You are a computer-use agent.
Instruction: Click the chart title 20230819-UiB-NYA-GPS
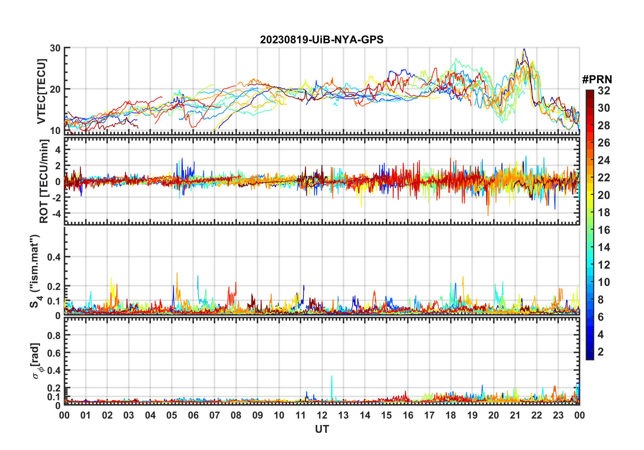[322, 40]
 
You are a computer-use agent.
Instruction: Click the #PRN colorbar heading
[597, 80]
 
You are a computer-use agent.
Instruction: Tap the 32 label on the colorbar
[604, 91]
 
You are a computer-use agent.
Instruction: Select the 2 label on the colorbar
[601, 352]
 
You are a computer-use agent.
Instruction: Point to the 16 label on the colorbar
[604, 230]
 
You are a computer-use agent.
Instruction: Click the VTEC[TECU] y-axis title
[42, 91]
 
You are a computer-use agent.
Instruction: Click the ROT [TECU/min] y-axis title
[44, 181]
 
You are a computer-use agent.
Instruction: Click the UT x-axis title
[322, 429]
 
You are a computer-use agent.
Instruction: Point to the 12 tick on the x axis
[322, 415]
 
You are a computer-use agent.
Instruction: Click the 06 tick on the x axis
[193, 415]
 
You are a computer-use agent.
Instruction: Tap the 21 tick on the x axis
[515, 415]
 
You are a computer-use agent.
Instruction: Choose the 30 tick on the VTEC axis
[55, 48]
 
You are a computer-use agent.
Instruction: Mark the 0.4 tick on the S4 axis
[54, 257]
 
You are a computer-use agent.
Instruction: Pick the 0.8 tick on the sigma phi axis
[54, 335]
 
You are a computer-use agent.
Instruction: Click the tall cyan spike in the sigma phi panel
[331, 377]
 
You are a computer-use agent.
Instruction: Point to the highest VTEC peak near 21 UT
[524, 49]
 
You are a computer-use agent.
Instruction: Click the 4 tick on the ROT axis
[58, 150]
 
